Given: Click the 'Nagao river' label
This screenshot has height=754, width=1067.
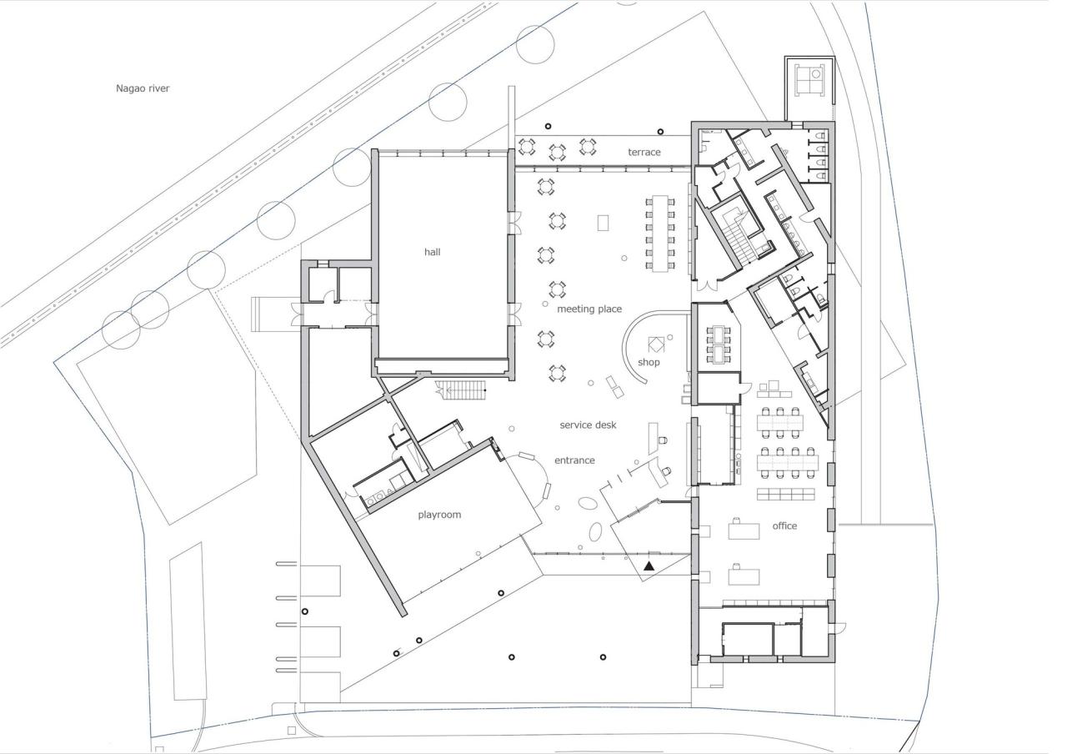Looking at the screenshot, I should point(143,88).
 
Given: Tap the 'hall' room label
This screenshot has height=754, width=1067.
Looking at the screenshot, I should point(433,252).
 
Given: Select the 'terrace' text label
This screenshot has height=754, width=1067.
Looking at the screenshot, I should point(644,152).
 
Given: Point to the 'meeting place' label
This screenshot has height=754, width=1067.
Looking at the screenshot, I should point(589,309).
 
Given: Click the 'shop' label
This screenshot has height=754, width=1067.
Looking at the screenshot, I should point(649,362).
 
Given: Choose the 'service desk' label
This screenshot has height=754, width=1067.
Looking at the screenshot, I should point(588,425).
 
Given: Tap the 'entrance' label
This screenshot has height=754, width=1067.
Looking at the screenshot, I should point(574,460).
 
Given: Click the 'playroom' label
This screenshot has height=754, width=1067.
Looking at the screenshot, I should point(439,515).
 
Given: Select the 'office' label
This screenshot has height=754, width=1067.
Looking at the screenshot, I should point(784,525).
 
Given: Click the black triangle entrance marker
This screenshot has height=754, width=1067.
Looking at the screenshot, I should point(649,566).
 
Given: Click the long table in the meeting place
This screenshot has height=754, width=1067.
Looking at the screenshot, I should point(662,233).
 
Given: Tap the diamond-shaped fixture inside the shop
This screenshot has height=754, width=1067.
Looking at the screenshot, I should point(656,344).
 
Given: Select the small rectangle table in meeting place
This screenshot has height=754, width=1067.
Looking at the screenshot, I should point(604,223).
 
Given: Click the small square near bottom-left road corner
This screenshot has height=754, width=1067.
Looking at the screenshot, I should point(291,731).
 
